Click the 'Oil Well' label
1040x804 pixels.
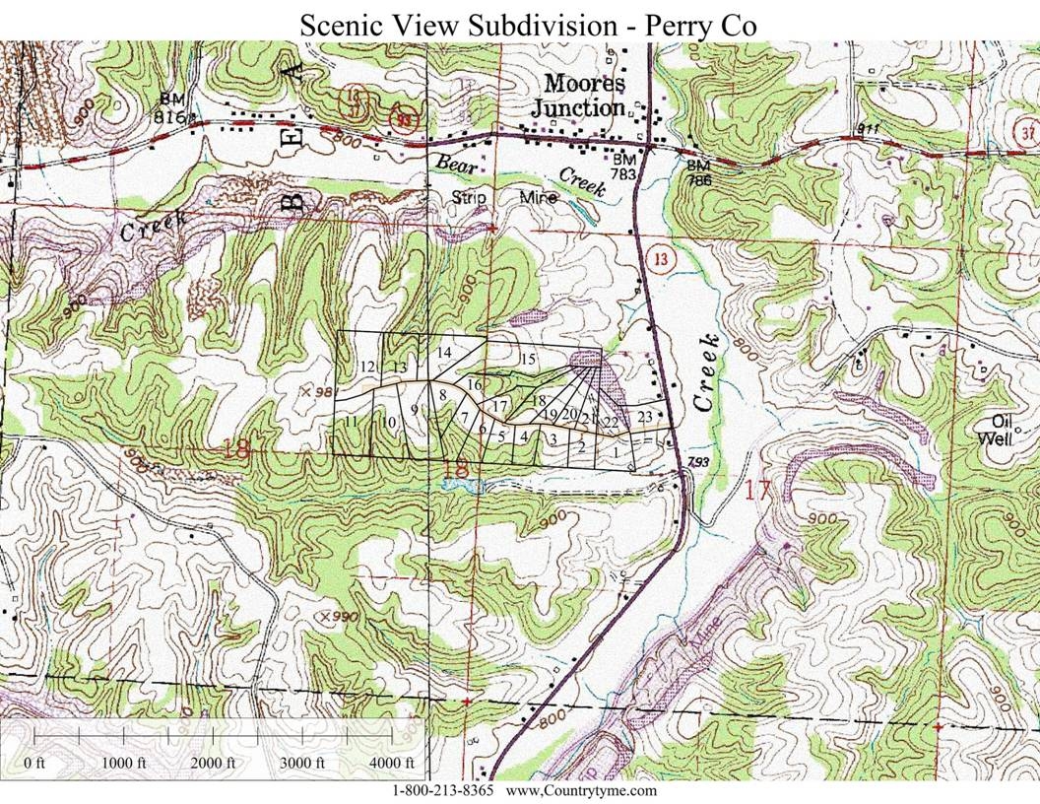point(997,433)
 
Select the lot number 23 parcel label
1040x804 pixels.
point(646,416)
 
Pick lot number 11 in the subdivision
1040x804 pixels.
point(351,422)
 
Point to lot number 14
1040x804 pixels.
point(443,353)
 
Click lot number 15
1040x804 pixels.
point(527,359)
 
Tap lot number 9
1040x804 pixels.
point(415,410)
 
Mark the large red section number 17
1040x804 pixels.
point(755,489)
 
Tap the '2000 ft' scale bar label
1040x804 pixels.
point(212,764)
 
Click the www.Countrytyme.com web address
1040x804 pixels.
point(580,791)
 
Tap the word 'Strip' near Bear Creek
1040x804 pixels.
point(471,197)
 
